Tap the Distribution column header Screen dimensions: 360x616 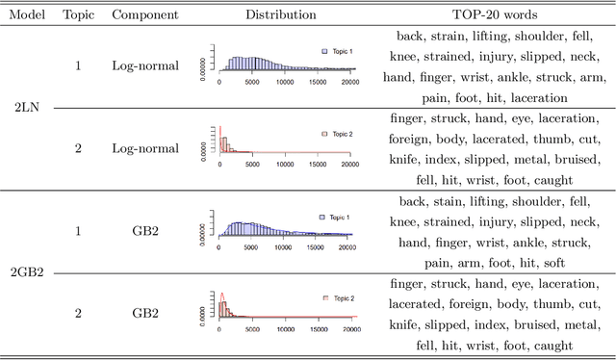click(280, 14)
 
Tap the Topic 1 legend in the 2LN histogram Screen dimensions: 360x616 click(337, 51)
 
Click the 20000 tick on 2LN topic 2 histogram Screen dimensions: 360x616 click(349, 165)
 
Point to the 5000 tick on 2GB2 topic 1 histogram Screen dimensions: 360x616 click(252, 248)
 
